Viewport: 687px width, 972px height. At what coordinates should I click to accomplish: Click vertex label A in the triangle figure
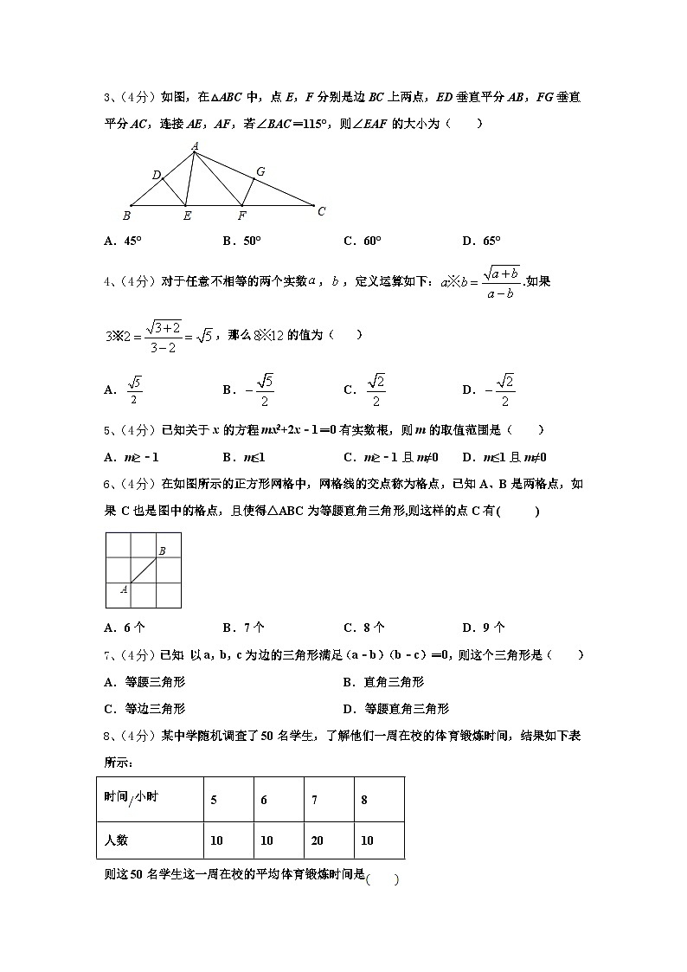(196, 146)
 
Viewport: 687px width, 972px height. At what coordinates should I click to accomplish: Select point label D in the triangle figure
(157, 176)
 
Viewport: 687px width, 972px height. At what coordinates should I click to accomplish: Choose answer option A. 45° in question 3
(123, 241)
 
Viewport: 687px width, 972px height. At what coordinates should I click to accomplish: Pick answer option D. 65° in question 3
(481, 241)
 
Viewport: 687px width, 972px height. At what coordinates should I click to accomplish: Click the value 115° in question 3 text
(343, 124)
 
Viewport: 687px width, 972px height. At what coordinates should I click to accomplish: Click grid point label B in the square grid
(162, 550)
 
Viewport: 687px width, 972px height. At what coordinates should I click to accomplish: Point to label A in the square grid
(124, 589)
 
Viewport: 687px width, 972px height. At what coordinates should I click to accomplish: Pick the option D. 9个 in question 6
(483, 628)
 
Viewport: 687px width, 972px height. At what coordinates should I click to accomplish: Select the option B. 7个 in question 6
(243, 628)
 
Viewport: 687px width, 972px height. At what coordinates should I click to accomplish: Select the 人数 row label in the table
(116, 840)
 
